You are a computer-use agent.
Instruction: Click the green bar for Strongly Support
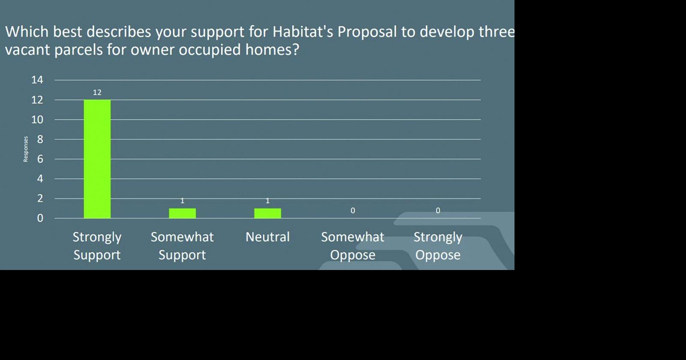click(97, 159)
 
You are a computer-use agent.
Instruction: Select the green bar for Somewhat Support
click(183, 213)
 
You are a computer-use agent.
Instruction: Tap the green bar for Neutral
click(268, 213)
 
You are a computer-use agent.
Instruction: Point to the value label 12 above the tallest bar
click(97, 93)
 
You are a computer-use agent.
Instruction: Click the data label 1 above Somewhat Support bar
click(182, 201)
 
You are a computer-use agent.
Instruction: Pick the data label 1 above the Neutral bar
click(268, 201)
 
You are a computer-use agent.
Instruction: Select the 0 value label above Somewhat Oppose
click(353, 210)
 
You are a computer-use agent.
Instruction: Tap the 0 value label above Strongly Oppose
click(438, 210)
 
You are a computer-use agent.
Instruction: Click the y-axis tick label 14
click(37, 80)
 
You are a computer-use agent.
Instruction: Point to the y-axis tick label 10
click(37, 120)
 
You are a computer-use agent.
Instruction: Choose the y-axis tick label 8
click(40, 140)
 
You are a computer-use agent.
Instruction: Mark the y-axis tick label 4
click(40, 179)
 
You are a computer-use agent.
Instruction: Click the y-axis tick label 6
click(40, 159)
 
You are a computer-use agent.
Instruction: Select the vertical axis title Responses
click(26, 149)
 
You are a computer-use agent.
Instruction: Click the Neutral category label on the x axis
click(268, 237)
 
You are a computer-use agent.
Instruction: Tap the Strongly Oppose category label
click(438, 246)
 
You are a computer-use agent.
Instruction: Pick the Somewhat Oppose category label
click(353, 246)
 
